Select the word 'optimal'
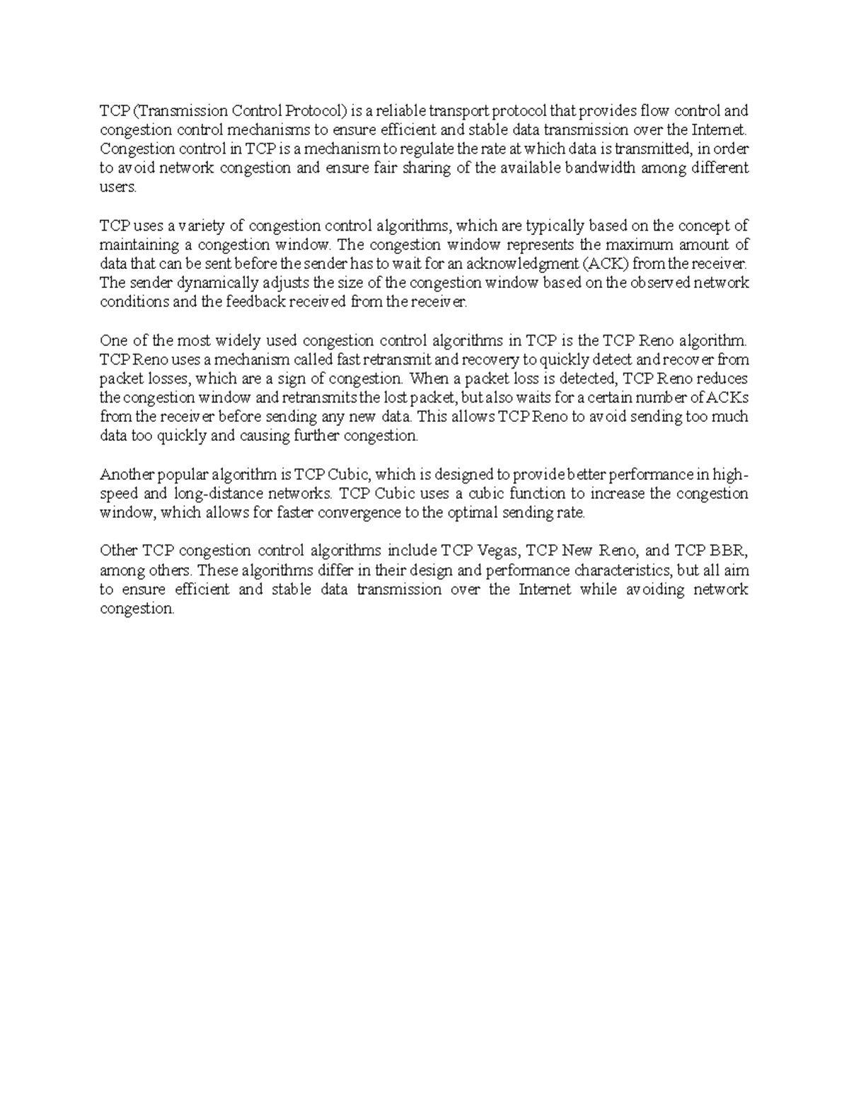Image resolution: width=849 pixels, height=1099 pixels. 475,513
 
